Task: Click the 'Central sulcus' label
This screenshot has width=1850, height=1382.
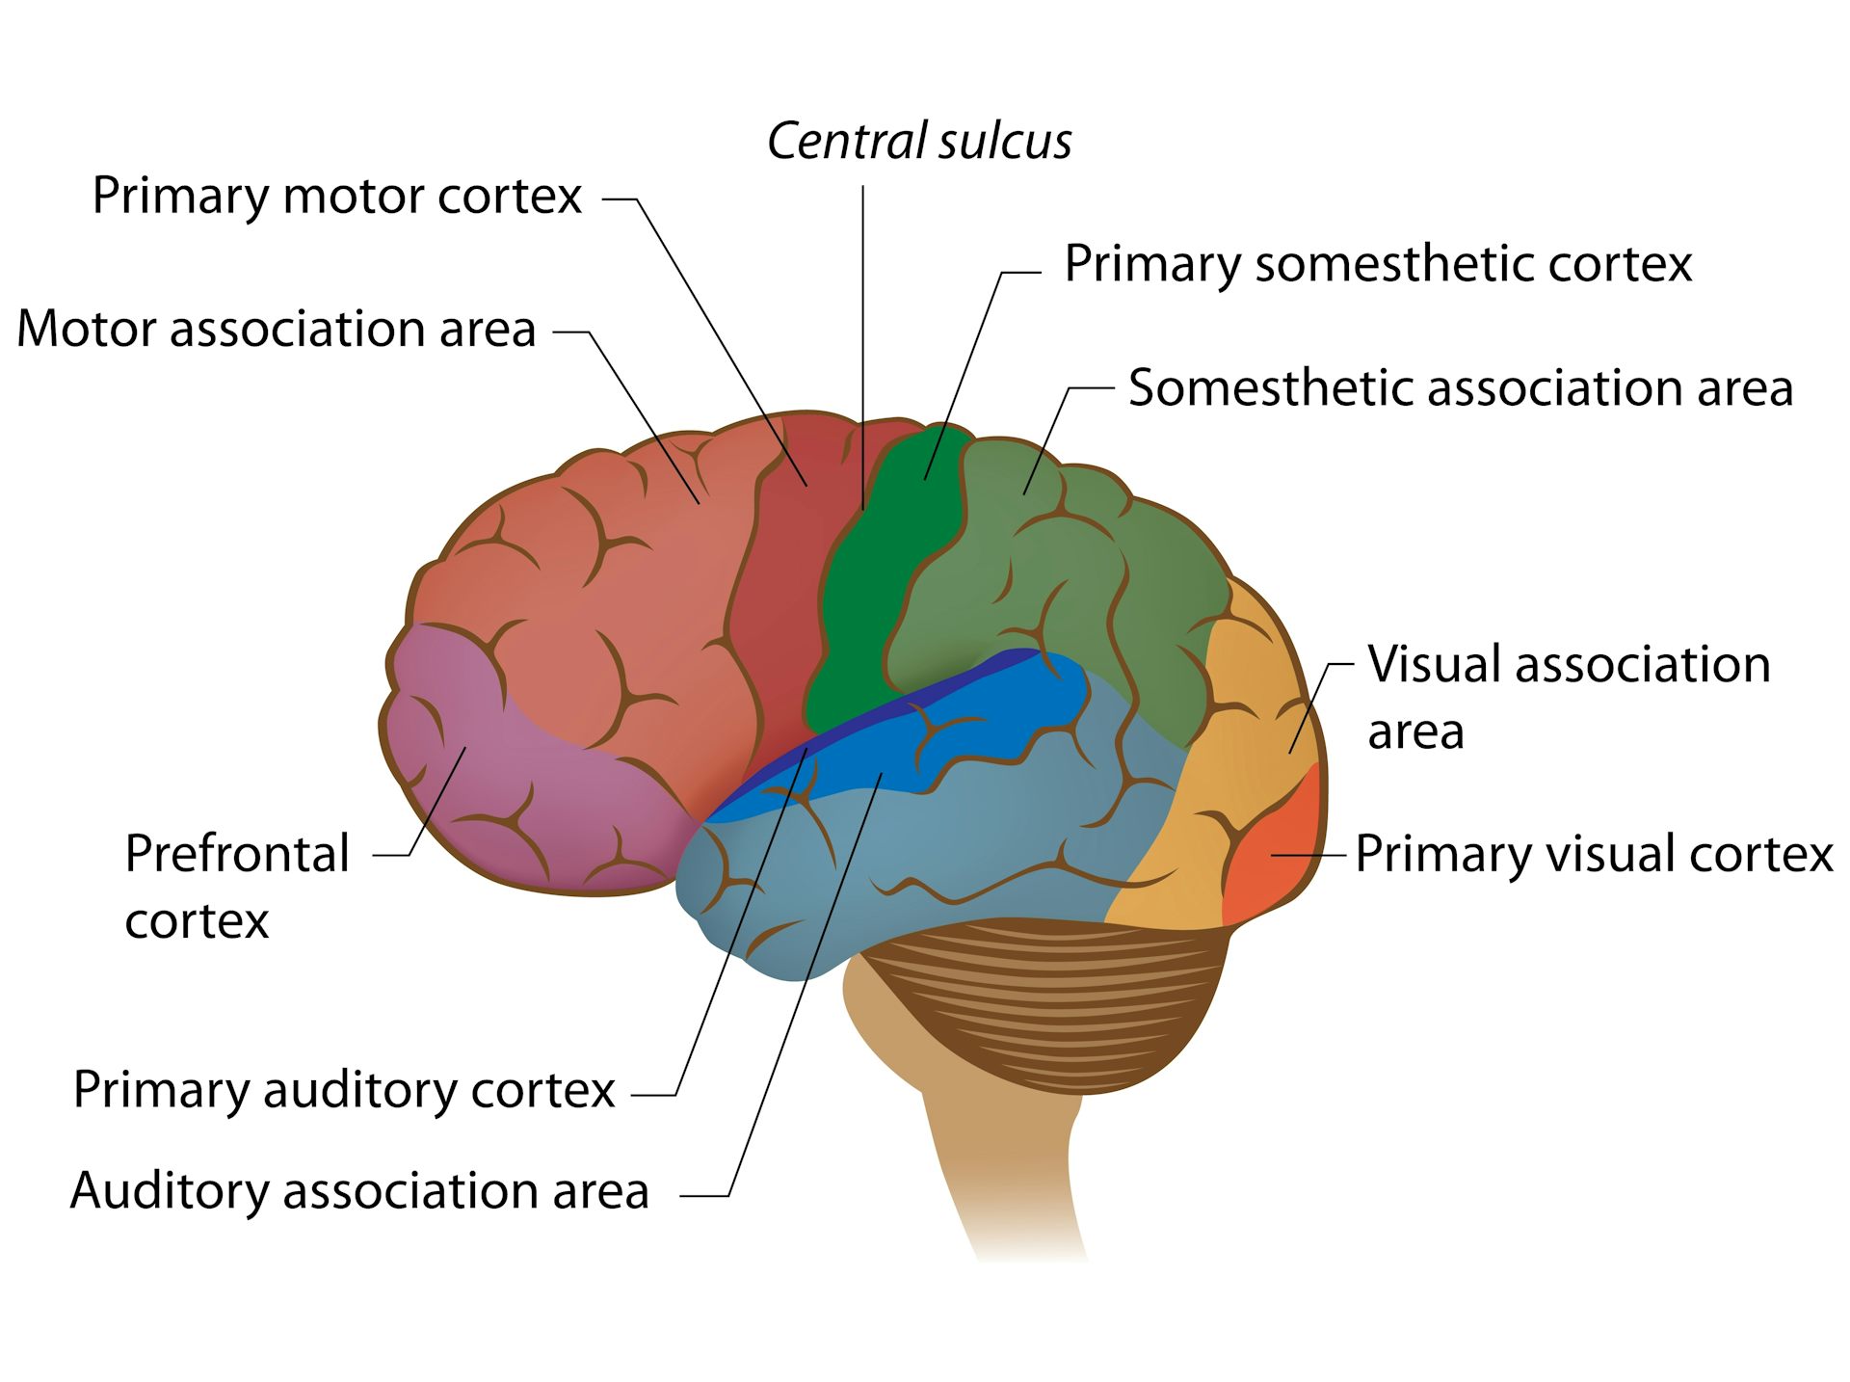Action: [919, 142]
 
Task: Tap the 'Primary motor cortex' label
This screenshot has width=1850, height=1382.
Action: [336, 197]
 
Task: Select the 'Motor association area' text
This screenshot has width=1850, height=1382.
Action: [277, 329]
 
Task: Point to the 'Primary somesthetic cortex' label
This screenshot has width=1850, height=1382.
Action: [1377, 263]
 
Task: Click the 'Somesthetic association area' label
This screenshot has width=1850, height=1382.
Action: [1460, 387]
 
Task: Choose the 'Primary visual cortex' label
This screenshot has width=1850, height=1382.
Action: [1593, 854]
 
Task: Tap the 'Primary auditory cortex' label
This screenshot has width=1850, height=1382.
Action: [344, 1090]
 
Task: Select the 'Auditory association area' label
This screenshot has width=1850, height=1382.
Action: [359, 1190]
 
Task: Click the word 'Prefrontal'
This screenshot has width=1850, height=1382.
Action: [237, 854]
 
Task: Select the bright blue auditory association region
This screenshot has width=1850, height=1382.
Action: [964, 732]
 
